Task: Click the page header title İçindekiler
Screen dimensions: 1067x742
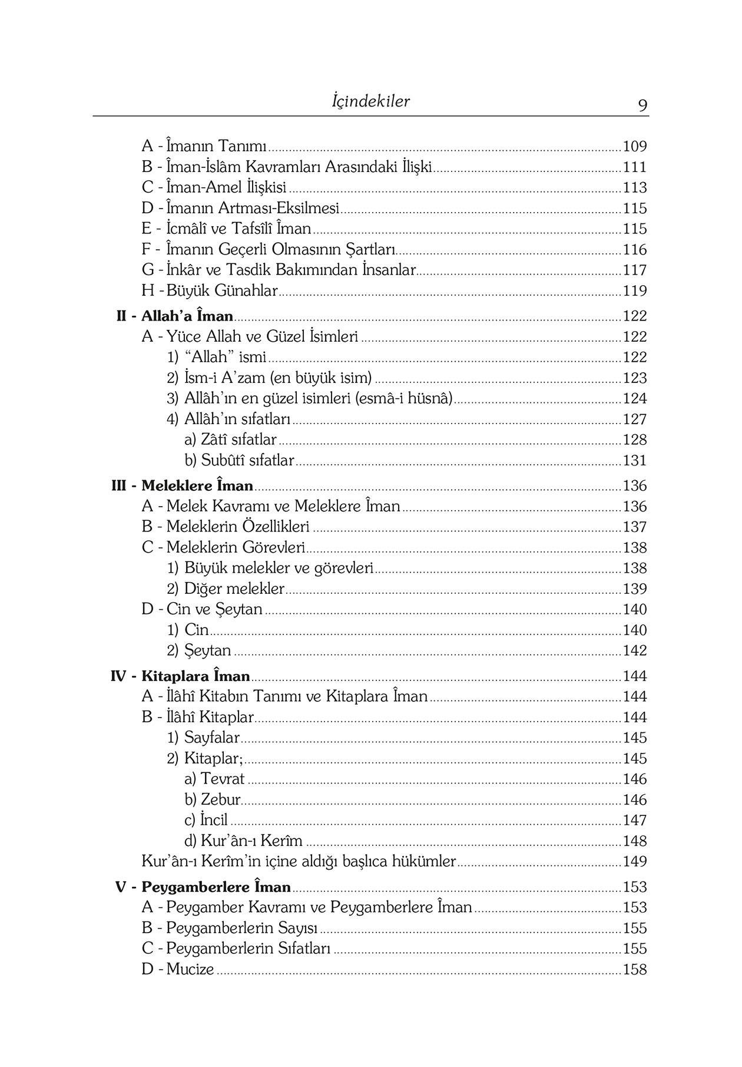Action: tap(370, 101)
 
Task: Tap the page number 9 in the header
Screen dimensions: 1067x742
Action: tap(642, 105)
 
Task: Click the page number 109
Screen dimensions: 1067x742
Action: tap(635, 146)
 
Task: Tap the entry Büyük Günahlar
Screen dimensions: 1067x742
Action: tap(222, 290)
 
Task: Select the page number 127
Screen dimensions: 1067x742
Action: tap(635, 419)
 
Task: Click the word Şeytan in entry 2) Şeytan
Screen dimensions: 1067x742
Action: tap(208, 650)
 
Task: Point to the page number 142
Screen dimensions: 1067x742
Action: tap(635, 650)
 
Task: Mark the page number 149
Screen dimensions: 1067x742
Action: tap(635, 861)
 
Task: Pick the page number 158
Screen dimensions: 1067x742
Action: tap(635, 969)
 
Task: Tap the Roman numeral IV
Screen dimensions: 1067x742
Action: tap(118, 676)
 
